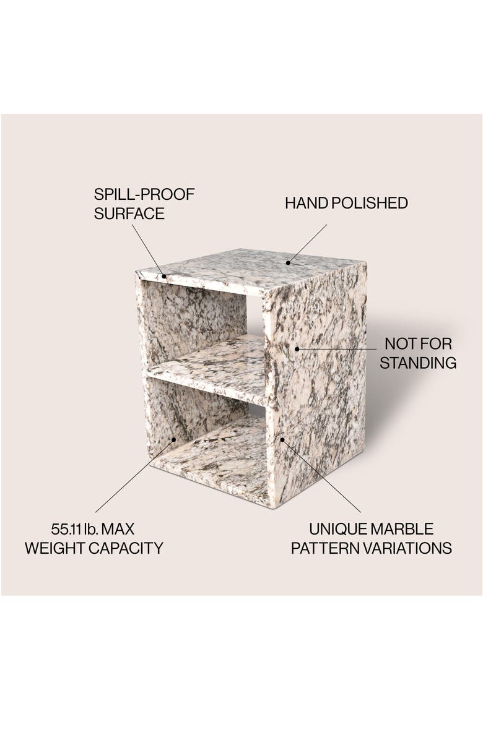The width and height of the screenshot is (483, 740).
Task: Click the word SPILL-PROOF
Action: [144, 194]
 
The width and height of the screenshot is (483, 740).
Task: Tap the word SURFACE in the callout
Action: [129, 214]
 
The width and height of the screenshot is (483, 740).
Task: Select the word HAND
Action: [305, 203]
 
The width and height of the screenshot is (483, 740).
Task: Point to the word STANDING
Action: [418, 363]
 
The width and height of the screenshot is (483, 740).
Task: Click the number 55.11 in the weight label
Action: [67, 530]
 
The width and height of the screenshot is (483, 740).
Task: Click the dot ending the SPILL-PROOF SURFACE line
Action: [164, 275]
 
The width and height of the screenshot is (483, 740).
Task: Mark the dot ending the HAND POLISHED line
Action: [288, 262]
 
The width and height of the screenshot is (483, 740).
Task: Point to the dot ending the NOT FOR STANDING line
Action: [297, 349]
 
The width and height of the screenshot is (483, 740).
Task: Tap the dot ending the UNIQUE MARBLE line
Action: [282, 440]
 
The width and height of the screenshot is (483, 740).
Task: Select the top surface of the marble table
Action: [248, 269]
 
